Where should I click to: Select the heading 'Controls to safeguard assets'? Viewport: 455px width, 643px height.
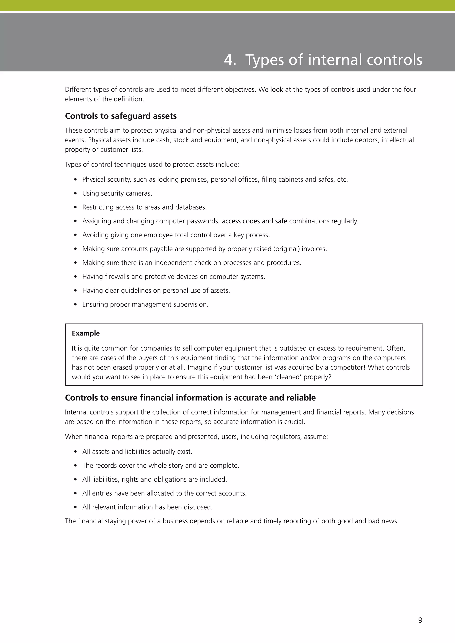[x=121, y=116]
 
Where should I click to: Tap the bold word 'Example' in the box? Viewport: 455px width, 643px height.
[x=86, y=333]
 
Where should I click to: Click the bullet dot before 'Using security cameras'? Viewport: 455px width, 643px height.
[x=75, y=194]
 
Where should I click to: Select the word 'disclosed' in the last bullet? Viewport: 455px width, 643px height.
[x=200, y=507]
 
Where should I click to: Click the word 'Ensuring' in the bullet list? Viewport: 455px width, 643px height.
[x=95, y=304]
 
